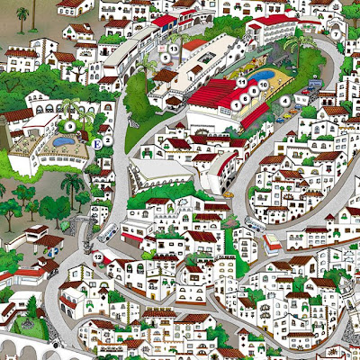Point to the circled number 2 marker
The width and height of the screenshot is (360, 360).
pos(107,140)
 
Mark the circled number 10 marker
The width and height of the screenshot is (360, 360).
pos(264,88)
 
